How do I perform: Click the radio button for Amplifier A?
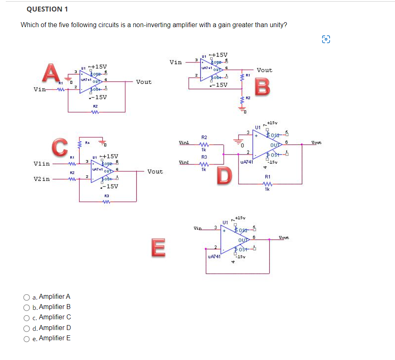pyautogui.click(x=26, y=297)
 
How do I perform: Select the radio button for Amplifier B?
pyautogui.click(x=26, y=307)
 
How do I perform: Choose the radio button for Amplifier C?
pyautogui.click(x=26, y=317)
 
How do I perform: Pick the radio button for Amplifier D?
pyautogui.click(x=26, y=328)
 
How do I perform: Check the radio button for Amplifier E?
pyautogui.click(x=26, y=338)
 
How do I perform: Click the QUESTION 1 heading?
pyautogui.click(x=48, y=9)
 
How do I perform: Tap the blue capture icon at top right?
pyautogui.click(x=326, y=39)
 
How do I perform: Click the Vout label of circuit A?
pyautogui.click(x=144, y=82)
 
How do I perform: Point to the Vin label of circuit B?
pyautogui.click(x=176, y=62)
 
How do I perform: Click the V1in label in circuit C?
pyautogui.click(x=42, y=164)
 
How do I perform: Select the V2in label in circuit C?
pyautogui.click(x=42, y=179)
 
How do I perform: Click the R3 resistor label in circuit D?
pyautogui.click(x=204, y=157)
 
